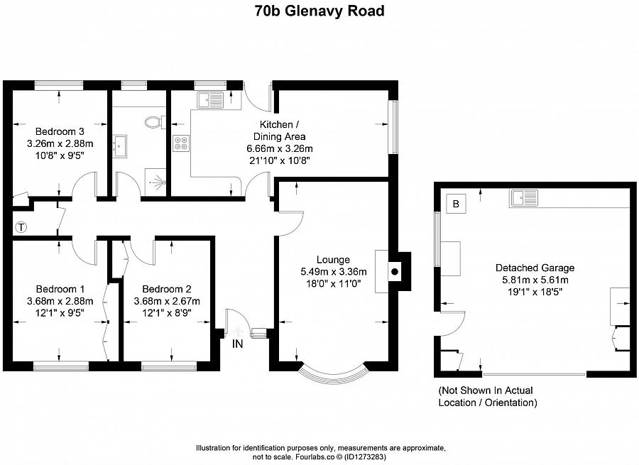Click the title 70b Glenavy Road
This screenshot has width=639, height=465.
coord(319,11)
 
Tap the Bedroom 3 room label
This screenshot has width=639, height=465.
coord(60,131)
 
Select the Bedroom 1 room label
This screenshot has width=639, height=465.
coord(60,289)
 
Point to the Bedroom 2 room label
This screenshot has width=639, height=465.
coord(167,289)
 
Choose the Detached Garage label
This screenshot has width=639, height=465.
coord(535,268)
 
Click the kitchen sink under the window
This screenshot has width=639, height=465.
coord(211,99)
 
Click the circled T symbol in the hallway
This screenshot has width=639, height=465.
coord(21,228)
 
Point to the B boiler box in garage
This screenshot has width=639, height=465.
coord(457,204)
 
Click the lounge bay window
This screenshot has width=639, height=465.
coord(332,373)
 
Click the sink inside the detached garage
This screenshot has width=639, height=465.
coord(523,198)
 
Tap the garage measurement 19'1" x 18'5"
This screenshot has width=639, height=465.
coord(535,292)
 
